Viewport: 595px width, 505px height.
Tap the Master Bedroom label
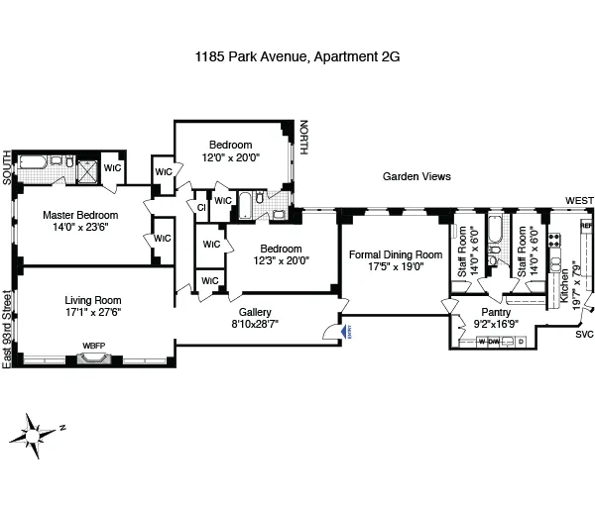[79, 215]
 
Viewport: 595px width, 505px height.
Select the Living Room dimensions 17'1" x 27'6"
[92, 315]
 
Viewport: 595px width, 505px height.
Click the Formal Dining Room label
[395, 254]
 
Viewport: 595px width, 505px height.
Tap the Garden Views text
[416, 176]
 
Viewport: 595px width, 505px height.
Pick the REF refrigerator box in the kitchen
[585, 226]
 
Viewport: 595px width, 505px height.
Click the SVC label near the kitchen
[584, 335]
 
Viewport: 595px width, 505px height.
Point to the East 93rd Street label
[7, 330]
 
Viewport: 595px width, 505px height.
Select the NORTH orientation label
[303, 137]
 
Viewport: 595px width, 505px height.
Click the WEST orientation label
[579, 201]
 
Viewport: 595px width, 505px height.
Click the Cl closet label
[201, 206]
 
